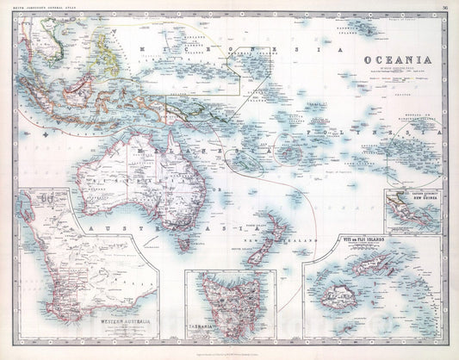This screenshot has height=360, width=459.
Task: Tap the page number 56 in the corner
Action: pyautogui.click(x=442, y=8)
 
